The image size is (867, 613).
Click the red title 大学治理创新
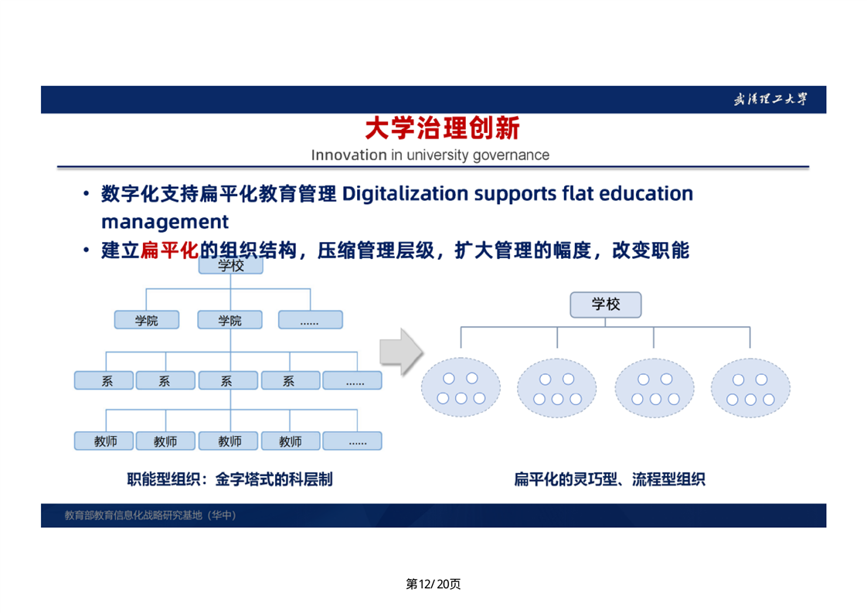442,128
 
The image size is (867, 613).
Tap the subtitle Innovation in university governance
430,155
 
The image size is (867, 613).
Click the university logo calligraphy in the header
770,100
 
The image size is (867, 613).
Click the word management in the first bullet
165,222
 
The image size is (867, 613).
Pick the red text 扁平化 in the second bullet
169,250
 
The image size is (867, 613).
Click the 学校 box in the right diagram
606,305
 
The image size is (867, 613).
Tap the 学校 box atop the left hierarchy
230,266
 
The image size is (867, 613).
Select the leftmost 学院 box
147,320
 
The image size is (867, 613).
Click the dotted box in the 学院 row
310,320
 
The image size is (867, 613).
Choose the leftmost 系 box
104,380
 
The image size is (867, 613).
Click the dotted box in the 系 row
352,380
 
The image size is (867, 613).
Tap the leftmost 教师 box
104,441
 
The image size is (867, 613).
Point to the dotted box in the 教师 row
352,441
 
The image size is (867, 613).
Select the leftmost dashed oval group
461,387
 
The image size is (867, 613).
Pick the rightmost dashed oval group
750,387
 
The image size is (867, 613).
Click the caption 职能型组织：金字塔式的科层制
229,479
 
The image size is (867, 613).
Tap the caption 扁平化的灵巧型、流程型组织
610,479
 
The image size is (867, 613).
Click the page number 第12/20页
433,584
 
